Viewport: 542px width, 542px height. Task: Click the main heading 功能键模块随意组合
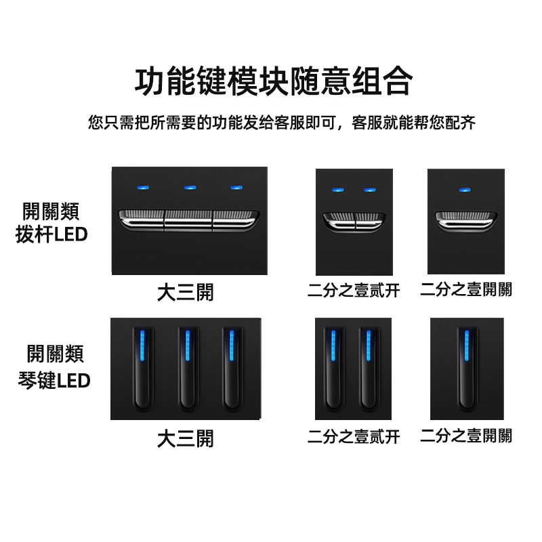click(x=274, y=81)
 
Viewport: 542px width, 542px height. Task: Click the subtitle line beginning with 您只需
click(x=282, y=123)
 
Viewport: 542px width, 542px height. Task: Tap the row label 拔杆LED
click(x=51, y=234)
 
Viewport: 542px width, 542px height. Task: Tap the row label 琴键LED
click(x=54, y=381)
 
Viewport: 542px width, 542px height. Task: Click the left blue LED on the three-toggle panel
click(x=143, y=188)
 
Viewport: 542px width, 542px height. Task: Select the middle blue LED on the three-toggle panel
click(x=190, y=188)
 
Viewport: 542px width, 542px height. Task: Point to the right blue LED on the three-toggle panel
click(x=236, y=188)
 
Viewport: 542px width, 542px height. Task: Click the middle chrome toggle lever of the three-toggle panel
click(x=188, y=220)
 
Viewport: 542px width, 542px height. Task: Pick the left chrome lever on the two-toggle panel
click(x=339, y=222)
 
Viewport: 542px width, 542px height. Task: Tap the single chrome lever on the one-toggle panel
click(x=466, y=221)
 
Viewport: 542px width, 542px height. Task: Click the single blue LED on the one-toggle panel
click(x=465, y=190)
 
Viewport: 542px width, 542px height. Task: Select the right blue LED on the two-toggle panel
click(x=369, y=190)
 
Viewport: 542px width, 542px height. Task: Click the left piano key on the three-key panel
click(x=142, y=369)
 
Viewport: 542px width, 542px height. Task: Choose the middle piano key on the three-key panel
click(x=188, y=369)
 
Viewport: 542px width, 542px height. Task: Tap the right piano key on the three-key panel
click(x=232, y=369)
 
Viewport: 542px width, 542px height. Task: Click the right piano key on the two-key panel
click(x=369, y=369)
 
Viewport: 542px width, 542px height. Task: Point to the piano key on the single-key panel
click(x=467, y=369)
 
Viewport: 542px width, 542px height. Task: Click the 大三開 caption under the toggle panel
click(x=186, y=293)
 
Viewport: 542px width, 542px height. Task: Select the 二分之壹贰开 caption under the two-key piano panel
click(x=354, y=436)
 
